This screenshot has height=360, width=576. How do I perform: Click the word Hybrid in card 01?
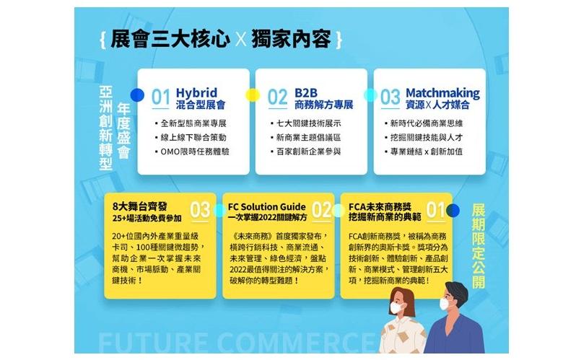pos(196,93)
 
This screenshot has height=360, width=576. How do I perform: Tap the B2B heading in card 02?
pos(305,93)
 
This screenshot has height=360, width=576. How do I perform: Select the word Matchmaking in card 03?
pos(442,93)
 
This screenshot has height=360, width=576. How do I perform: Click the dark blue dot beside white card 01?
pos(137,95)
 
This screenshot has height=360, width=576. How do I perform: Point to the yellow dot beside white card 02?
pos(253,95)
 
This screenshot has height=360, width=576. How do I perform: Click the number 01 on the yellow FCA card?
pos(436,211)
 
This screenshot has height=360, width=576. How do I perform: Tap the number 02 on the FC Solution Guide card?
pos(321,211)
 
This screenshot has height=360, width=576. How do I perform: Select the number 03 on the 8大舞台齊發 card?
pos(200,211)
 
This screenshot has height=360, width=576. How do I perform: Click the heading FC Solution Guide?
pos(266,207)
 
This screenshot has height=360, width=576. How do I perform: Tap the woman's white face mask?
pos(396,307)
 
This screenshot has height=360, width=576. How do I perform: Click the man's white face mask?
pos(445,304)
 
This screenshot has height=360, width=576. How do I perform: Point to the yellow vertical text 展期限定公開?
pos(479,246)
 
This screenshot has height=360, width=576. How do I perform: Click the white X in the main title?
pos(241,39)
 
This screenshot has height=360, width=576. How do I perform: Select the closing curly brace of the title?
pos(339,40)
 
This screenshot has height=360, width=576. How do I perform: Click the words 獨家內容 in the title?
pos(292,39)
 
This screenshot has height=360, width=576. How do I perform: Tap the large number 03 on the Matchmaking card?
pos(390,97)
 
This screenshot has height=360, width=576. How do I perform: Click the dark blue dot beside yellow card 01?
pos(453,211)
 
